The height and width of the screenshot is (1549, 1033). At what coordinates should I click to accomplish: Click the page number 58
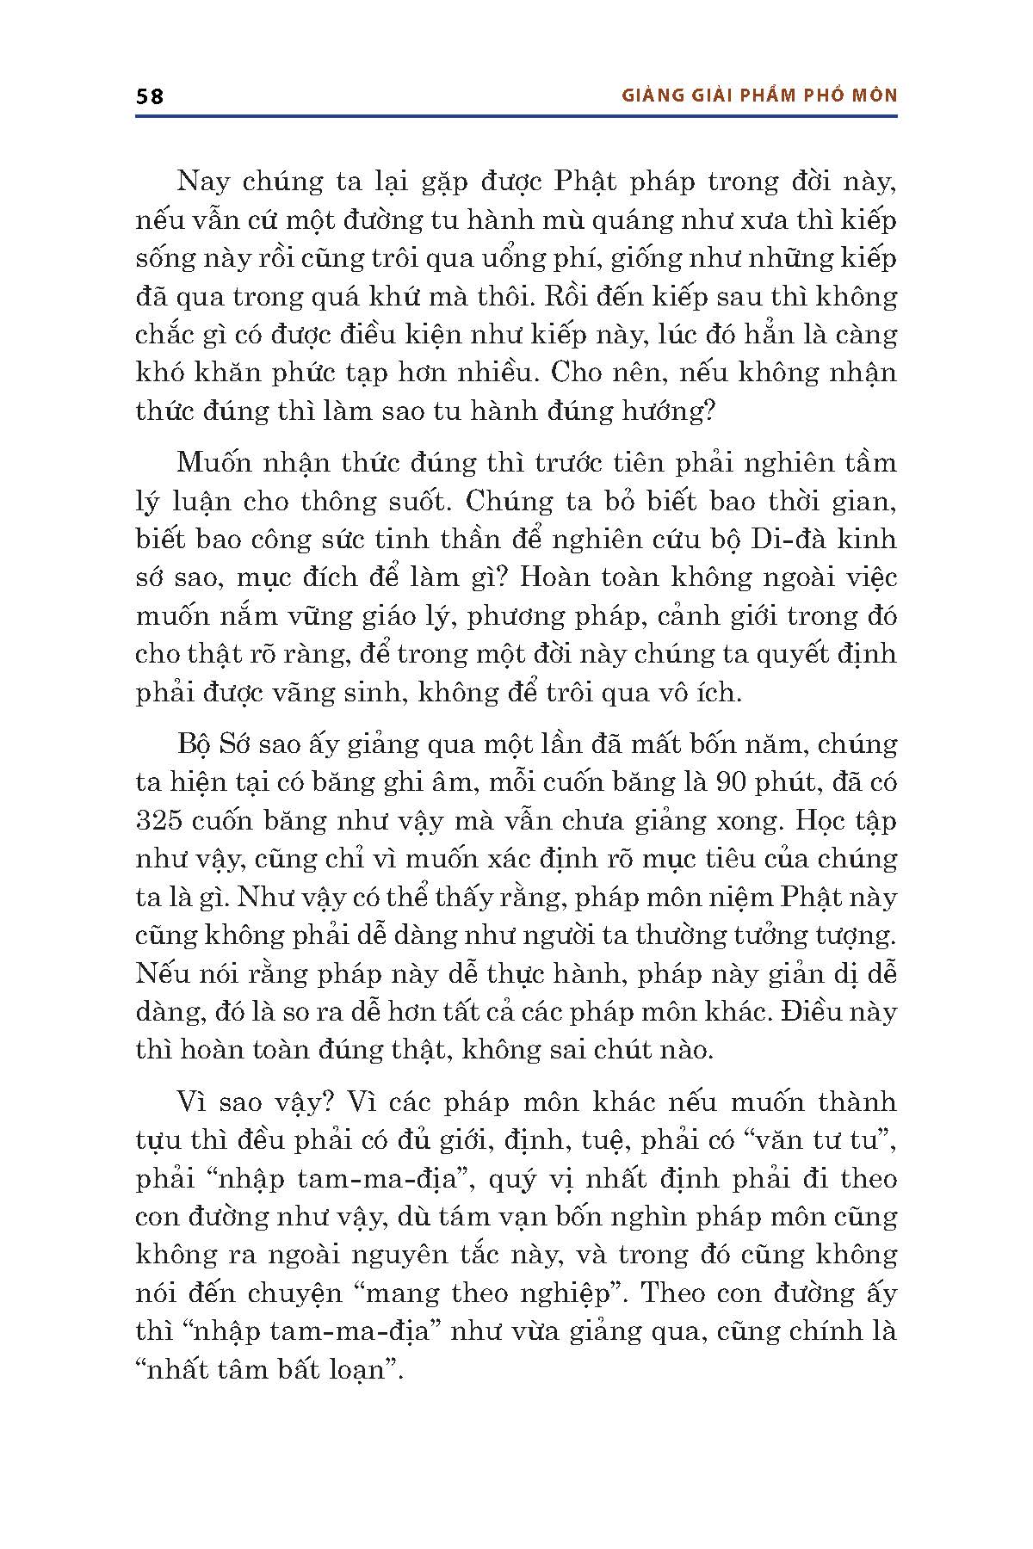pos(150,96)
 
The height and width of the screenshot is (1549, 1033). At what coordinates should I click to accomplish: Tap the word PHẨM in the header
pos(759,96)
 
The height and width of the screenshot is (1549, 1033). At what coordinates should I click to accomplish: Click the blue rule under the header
pos(516,116)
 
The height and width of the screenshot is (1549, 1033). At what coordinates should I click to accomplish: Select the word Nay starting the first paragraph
pos(199,182)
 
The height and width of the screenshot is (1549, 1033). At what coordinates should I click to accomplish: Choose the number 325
pos(164,820)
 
